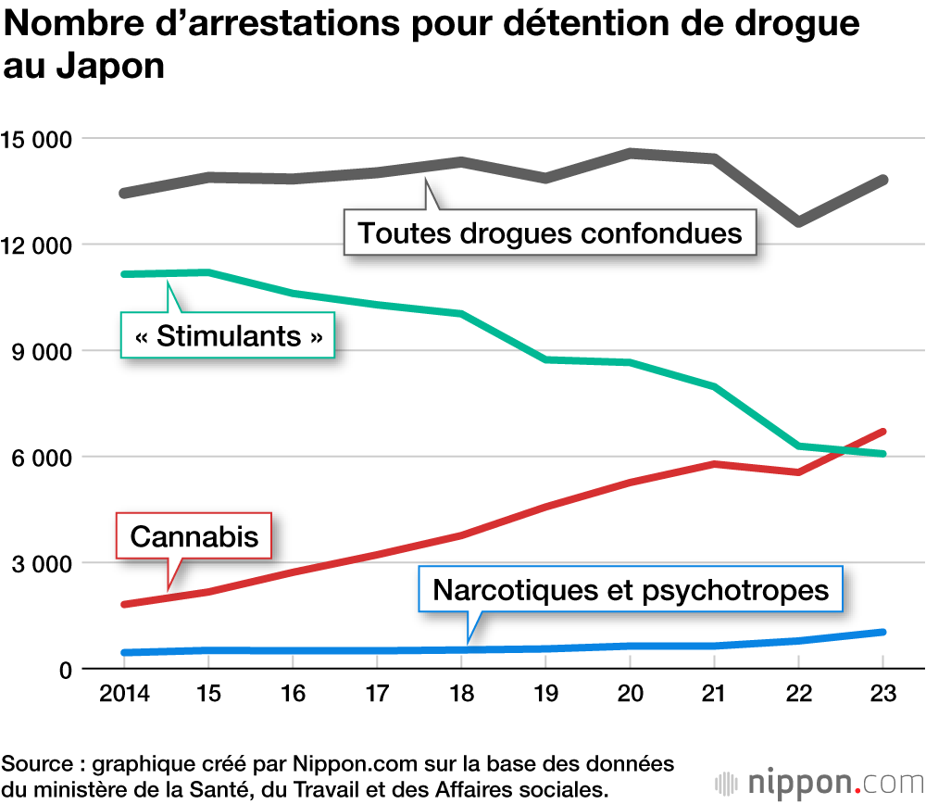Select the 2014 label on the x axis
[123, 694]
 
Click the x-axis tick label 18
[461, 694]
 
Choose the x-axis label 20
[630, 694]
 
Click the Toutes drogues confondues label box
[550, 232]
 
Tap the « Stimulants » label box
[229, 335]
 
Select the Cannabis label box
[194, 535]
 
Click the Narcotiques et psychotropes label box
[631, 589]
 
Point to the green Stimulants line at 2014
[124, 274]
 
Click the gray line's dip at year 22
[798, 222]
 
